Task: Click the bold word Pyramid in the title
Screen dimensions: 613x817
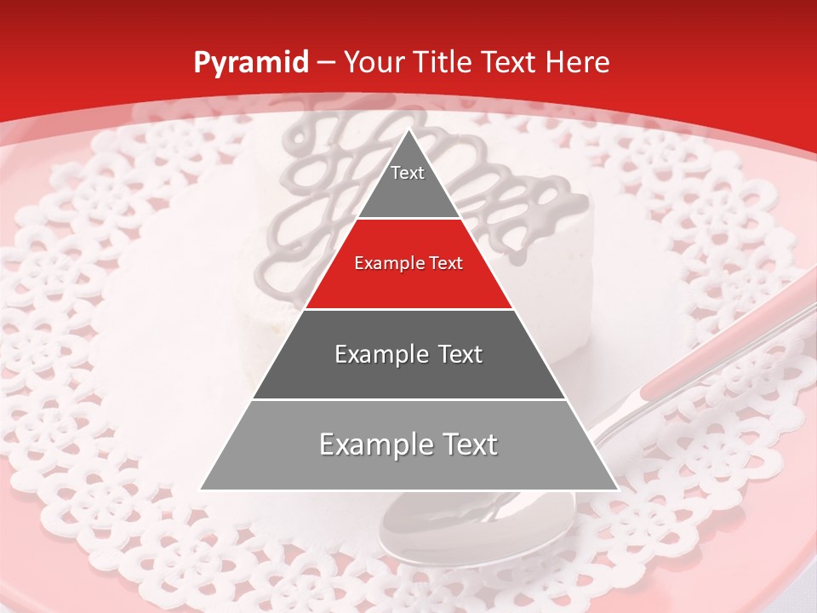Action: pyautogui.click(x=250, y=63)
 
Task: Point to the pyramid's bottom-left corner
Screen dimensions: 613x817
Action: pyautogui.click(x=202, y=489)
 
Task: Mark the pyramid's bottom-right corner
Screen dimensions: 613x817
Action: pyautogui.click(x=617, y=489)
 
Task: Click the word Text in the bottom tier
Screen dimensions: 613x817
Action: pyautogui.click(x=468, y=445)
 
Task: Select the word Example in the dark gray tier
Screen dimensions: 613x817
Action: pyautogui.click(x=380, y=354)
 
